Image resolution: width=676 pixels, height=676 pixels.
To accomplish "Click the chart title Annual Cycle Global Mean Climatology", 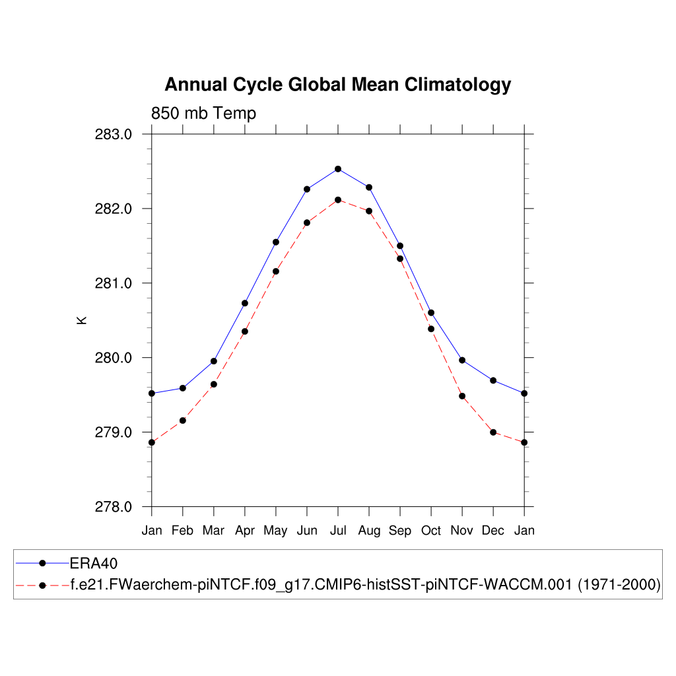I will (337, 85).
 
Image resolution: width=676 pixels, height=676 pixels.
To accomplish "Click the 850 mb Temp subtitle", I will (203, 114).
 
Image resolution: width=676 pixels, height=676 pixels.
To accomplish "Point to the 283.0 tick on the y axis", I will (114, 135).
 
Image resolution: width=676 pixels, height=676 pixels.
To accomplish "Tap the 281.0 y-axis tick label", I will (114, 284).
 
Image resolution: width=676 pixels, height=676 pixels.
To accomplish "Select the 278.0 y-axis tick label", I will (114, 507).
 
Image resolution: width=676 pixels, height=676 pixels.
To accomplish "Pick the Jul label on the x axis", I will (338, 531).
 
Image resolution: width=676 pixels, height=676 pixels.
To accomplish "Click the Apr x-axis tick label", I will (245, 531).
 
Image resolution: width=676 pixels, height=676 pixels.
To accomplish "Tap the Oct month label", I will (431, 531).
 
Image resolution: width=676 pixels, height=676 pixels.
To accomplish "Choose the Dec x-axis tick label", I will (493, 531).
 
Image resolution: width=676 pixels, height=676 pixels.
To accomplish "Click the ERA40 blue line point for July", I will (338, 169).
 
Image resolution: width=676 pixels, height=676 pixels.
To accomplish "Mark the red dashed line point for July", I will (338, 200).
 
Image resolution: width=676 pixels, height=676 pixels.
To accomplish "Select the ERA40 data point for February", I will (183, 388).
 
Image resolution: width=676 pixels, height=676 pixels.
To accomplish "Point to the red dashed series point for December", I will (493, 432).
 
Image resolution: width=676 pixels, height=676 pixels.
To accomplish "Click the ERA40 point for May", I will (276, 242).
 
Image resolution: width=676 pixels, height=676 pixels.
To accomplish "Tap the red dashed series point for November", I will (462, 396).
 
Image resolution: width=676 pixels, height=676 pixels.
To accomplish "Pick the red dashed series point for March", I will (214, 384).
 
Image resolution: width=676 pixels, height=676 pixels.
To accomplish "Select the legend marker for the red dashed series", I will (42, 585).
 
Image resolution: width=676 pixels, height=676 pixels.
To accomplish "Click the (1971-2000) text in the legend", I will (619, 585).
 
